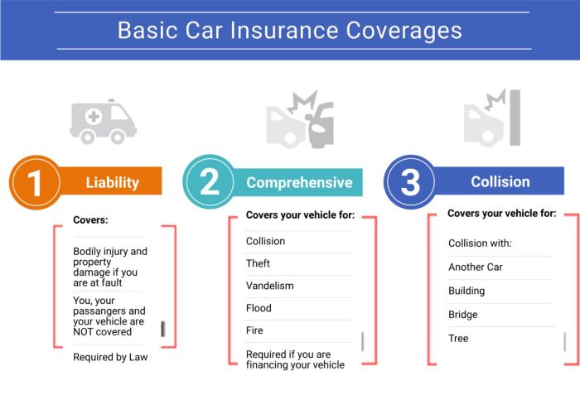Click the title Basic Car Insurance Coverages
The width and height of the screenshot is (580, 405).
pos(289,31)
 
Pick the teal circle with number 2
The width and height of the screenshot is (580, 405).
pos(210,182)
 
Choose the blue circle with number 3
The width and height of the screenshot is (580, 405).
pos(410,182)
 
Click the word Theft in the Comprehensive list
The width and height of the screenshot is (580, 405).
pos(259,263)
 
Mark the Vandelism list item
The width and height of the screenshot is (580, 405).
pos(269,286)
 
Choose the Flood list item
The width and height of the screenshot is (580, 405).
pos(259,308)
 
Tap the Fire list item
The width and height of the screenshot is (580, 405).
pos(255,330)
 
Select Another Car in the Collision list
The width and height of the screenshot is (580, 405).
pos(476,268)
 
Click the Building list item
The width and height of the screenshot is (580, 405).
pos(466,291)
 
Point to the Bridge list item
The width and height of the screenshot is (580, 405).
pos(463,315)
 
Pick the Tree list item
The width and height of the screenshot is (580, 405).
pos(458,338)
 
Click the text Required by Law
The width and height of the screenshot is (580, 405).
pos(111,358)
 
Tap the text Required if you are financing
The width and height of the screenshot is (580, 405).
pos(295,359)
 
